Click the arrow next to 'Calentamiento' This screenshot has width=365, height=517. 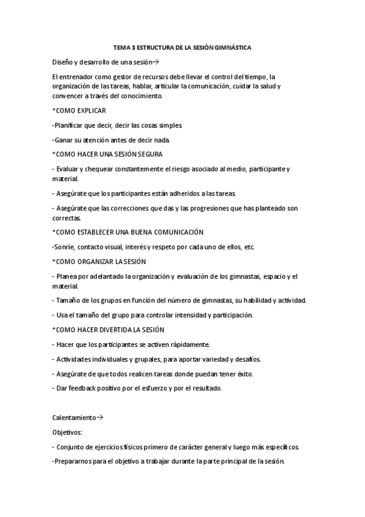101,418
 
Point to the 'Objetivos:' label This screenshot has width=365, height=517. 71,432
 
